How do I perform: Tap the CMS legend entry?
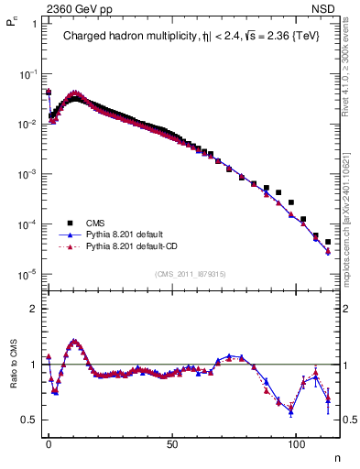pos(96,222)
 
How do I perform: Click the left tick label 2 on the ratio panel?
pos(31,309)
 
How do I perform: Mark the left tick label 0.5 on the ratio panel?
pos(28,420)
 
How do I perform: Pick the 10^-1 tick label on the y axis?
pos(26,73)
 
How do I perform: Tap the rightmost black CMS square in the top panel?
pos(328,242)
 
